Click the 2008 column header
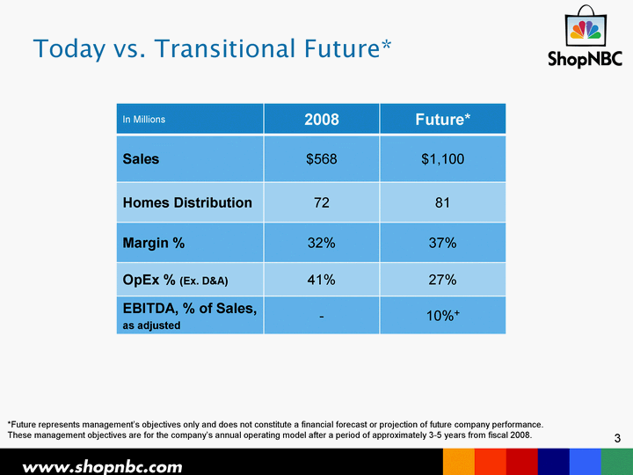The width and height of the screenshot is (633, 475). (x=322, y=119)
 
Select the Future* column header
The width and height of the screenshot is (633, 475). (x=443, y=119)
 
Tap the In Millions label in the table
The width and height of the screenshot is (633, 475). (x=143, y=119)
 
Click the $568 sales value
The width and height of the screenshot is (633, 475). (x=322, y=158)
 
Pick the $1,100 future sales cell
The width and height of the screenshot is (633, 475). (x=443, y=158)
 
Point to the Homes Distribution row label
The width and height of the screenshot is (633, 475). (x=187, y=202)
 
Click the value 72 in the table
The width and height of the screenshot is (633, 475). (x=322, y=202)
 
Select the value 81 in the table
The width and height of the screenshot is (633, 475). (x=442, y=202)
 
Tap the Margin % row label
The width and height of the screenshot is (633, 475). (x=153, y=243)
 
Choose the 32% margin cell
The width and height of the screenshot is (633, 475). (x=322, y=243)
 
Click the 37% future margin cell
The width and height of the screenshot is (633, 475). (x=442, y=243)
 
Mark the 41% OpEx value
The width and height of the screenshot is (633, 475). (x=322, y=280)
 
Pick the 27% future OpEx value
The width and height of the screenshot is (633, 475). (x=442, y=280)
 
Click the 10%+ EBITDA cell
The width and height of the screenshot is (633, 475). (x=443, y=316)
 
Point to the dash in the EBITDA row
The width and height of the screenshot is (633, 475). (x=322, y=317)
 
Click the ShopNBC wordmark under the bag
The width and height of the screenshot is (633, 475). (x=585, y=59)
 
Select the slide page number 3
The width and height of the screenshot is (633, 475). (x=617, y=438)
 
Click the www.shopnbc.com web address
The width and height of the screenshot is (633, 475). (x=102, y=467)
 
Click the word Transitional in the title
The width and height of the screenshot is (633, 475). (x=226, y=48)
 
